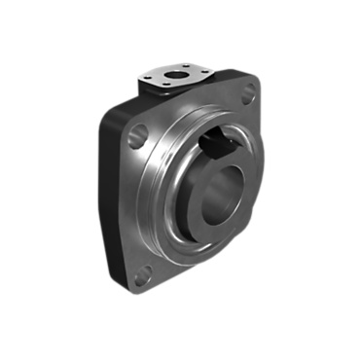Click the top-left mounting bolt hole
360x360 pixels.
[x=138, y=135]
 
